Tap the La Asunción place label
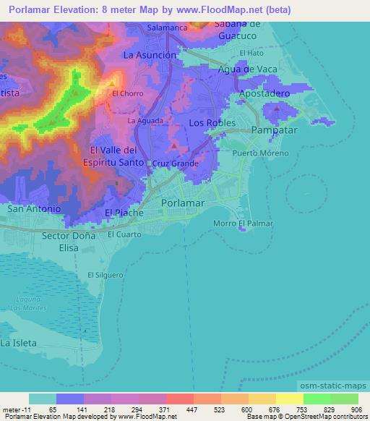click(150, 55)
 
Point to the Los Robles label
click(212, 123)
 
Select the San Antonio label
click(34, 208)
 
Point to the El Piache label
click(124, 213)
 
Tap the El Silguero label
click(102, 274)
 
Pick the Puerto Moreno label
click(261, 153)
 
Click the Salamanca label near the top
click(167, 27)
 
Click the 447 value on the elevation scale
click(192, 409)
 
